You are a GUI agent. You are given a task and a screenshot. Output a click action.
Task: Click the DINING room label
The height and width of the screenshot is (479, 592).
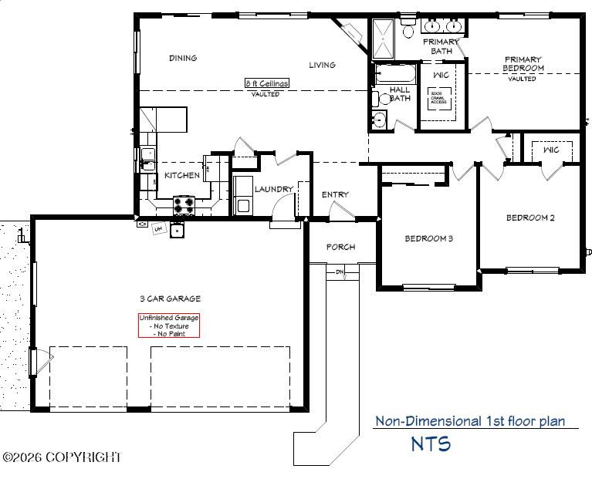pyautogui.click(x=183, y=58)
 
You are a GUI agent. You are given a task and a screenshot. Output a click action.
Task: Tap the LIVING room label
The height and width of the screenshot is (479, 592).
pyautogui.click(x=322, y=65)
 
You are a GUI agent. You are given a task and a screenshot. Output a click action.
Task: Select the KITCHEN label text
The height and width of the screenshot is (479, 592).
pyautogui.click(x=182, y=175)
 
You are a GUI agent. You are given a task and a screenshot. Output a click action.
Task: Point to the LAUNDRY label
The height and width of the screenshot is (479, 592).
pyautogui.click(x=273, y=189)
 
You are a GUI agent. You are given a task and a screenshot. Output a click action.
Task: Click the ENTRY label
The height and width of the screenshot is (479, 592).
pyautogui.click(x=335, y=194)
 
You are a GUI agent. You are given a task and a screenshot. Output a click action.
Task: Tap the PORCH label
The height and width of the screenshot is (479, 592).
pyautogui.click(x=340, y=247)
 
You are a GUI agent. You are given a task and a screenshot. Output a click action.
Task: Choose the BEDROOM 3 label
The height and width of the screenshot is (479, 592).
pyautogui.click(x=428, y=238)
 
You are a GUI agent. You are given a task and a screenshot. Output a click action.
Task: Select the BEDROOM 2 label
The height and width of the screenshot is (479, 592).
pyautogui.click(x=530, y=218)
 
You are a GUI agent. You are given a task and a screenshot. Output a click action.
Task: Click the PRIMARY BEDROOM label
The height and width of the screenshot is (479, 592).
pyautogui.click(x=523, y=64)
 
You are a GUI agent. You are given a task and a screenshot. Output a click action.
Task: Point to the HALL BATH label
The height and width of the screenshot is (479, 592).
pyautogui.click(x=400, y=94)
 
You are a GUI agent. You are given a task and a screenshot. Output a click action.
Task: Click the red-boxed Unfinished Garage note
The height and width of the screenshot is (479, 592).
pyautogui.click(x=168, y=326)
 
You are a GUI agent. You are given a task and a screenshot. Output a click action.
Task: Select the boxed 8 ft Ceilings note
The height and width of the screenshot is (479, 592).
pyautogui.click(x=267, y=83)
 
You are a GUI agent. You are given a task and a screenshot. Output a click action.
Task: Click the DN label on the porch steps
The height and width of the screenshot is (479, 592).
pyautogui.click(x=339, y=272)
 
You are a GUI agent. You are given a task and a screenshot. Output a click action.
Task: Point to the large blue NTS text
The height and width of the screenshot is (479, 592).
pyautogui.click(x=431, y=444)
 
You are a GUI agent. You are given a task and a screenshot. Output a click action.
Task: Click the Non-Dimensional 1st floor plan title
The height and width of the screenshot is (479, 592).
pyautogui.click(x=470, y=421)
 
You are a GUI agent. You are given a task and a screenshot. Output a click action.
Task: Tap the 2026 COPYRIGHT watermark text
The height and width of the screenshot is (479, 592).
pyautogui.click(x=62, y=457)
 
